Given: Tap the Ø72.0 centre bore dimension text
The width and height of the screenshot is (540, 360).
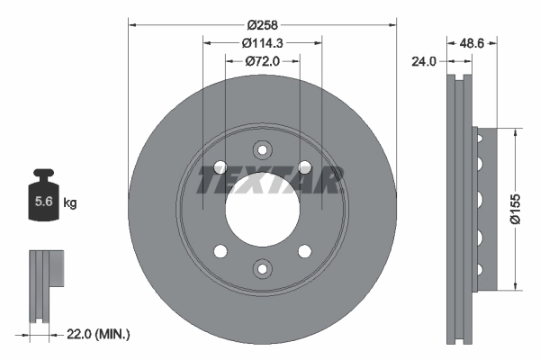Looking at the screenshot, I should tap(262, 61).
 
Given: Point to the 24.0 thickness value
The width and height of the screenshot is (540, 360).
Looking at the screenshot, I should tap(424, 61).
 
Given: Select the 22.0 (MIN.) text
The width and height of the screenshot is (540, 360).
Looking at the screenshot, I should tap(99, 334).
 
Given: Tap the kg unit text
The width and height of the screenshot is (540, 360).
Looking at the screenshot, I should tap(70, 203).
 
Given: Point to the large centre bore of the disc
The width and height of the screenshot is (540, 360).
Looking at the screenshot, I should tap(262, 209).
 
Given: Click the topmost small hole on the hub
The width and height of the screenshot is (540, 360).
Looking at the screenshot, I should tap(262, 150).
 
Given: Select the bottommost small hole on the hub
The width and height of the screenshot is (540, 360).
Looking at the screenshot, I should tap(262, 267).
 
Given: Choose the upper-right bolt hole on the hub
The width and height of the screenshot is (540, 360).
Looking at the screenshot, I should tap(304, 167).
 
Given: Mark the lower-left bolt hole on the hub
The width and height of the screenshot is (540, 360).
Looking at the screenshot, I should tap(220, 250).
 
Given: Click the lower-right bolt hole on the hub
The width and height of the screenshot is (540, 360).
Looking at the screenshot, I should tap(304, 250).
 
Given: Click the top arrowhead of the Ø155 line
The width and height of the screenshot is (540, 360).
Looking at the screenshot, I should tap(514, 130).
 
